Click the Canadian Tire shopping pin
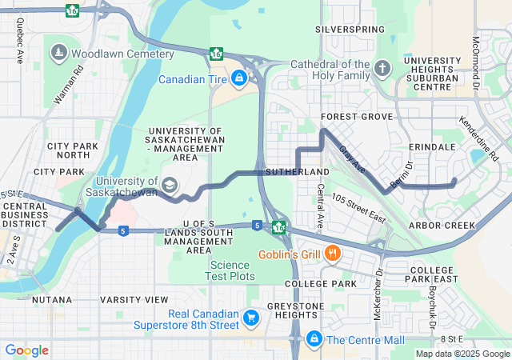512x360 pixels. point(238,78)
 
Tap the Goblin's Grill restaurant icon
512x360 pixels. point(334,254)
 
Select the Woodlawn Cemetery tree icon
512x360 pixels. point(59,54)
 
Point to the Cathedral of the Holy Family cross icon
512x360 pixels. point(382,67)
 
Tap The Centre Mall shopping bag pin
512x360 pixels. point(314,339)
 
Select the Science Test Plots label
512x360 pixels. point(231,270)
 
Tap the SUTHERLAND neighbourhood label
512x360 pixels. point(297,172)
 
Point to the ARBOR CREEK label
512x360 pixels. point(441,226)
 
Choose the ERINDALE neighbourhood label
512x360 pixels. point(431,147)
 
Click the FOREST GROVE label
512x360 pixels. point(356,116)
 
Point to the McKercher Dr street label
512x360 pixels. point(377,298)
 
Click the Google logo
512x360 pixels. point(26,350)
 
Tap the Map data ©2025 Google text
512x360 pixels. point(462,354)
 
